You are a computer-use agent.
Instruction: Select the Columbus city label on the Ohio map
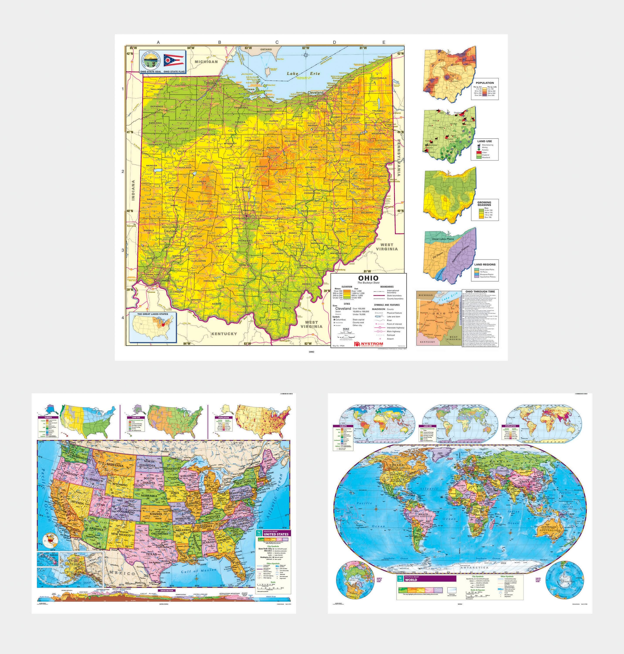click(241, 218)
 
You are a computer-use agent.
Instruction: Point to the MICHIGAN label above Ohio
click(206, 61)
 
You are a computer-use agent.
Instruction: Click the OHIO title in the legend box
click(368, 278)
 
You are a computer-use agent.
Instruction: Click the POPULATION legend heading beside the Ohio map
click(485, 83)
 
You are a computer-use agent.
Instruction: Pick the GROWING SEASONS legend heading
click(484, 203)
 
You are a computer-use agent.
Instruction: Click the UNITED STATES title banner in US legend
click(276, 534)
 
